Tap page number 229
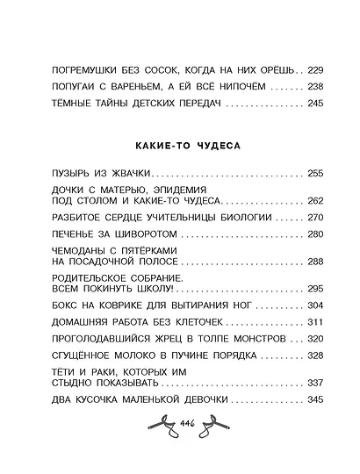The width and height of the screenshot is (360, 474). pos(317,68)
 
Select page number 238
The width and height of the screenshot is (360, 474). pos(317,88)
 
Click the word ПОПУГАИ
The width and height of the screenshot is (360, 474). pos(52,88)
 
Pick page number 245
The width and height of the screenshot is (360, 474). pos(317,107)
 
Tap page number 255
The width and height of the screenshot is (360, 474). pos(317,173)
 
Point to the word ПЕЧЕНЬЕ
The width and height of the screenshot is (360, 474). pos(52,235)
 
